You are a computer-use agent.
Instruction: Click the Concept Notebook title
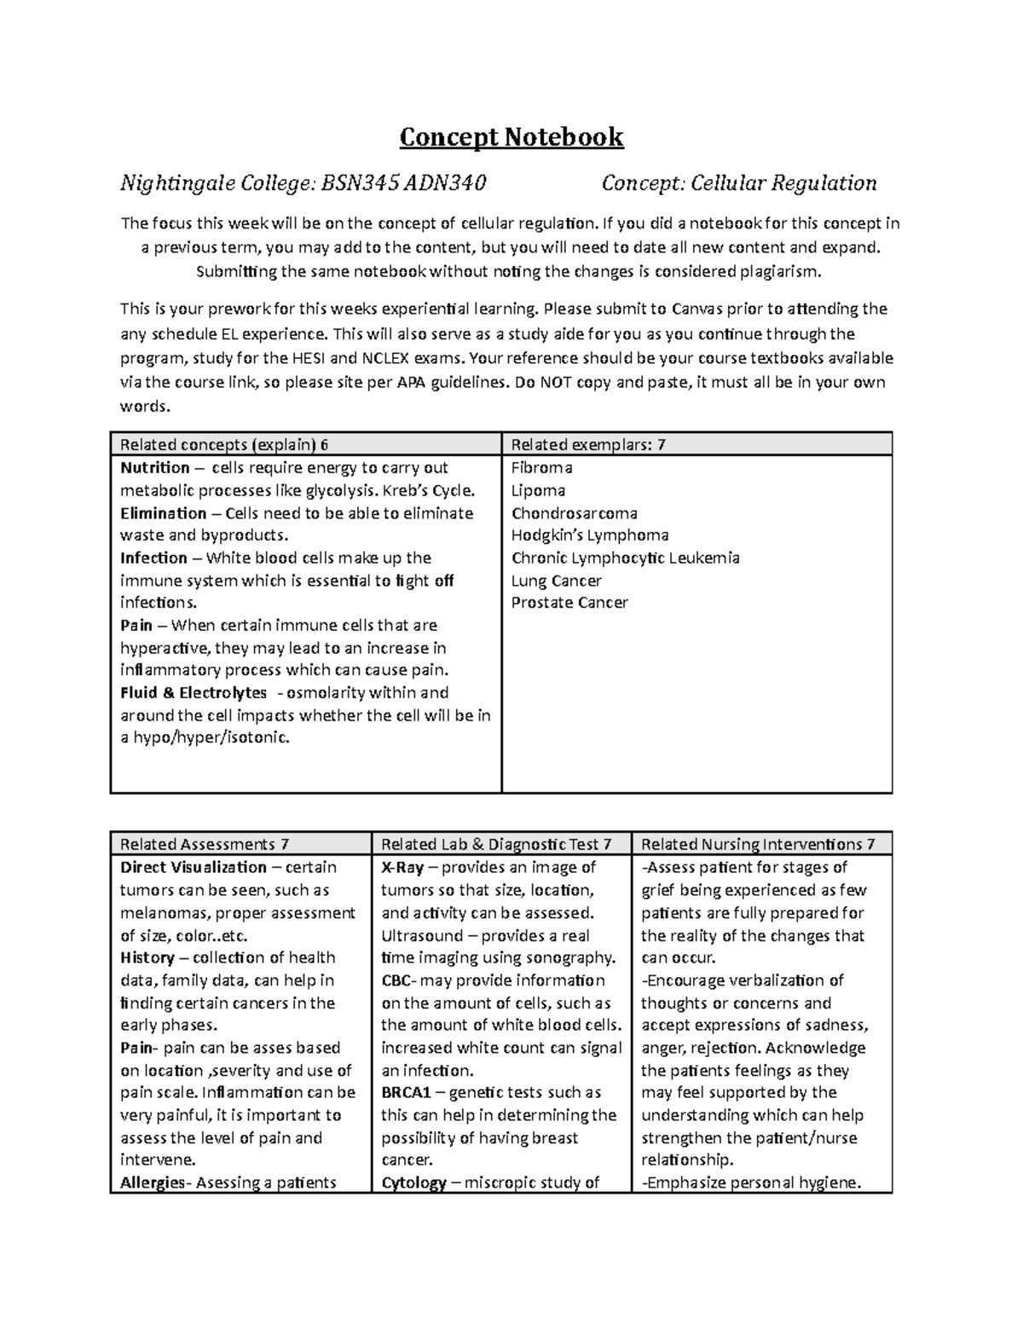click(x=511, y=137)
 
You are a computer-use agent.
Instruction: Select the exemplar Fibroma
click(x=541, y=467)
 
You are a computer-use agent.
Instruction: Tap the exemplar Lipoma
click(x=538, y=490)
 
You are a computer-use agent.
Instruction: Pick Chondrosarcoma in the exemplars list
click(x=574, y=513)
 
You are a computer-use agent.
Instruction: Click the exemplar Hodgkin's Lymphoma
click(x=590, y=535)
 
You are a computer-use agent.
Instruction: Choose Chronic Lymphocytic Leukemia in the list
click(x=625, y=558)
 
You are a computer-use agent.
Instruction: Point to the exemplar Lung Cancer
click(x=556, y=581)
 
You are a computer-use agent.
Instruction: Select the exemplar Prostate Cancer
click(x=569, y=603)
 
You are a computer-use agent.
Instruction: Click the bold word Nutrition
click(x=155, y=468)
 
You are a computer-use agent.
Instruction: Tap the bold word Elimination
click(x=163, y=513)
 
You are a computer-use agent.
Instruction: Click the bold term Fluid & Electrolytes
click(x=194, y=693)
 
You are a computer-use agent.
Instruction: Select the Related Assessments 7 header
click(x=205, y=844)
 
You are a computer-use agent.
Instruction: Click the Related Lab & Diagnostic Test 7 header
click(x=496, y=844)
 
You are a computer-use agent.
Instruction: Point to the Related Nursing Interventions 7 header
click(x=758, y=844)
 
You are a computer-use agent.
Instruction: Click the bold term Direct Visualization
click(x=194, y=868)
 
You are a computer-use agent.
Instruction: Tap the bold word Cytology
click(x=413, y=1182)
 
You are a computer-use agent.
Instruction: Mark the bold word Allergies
click(x=153, y=1182)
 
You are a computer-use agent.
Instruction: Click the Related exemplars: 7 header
click(x=588, y=444)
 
